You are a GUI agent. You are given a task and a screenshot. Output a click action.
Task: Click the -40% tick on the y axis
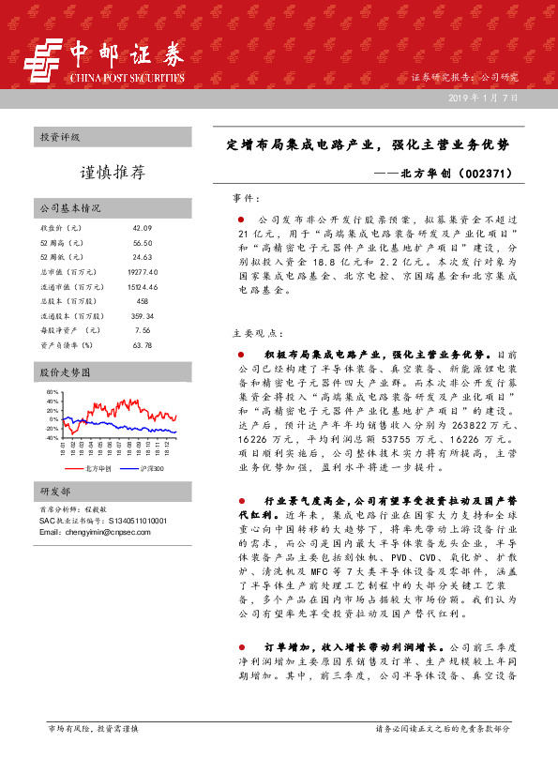pyautogui.click(x=52, y=437)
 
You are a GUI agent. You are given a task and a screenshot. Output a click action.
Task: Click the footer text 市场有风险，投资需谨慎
pyautogui.click(x=93, y=727)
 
